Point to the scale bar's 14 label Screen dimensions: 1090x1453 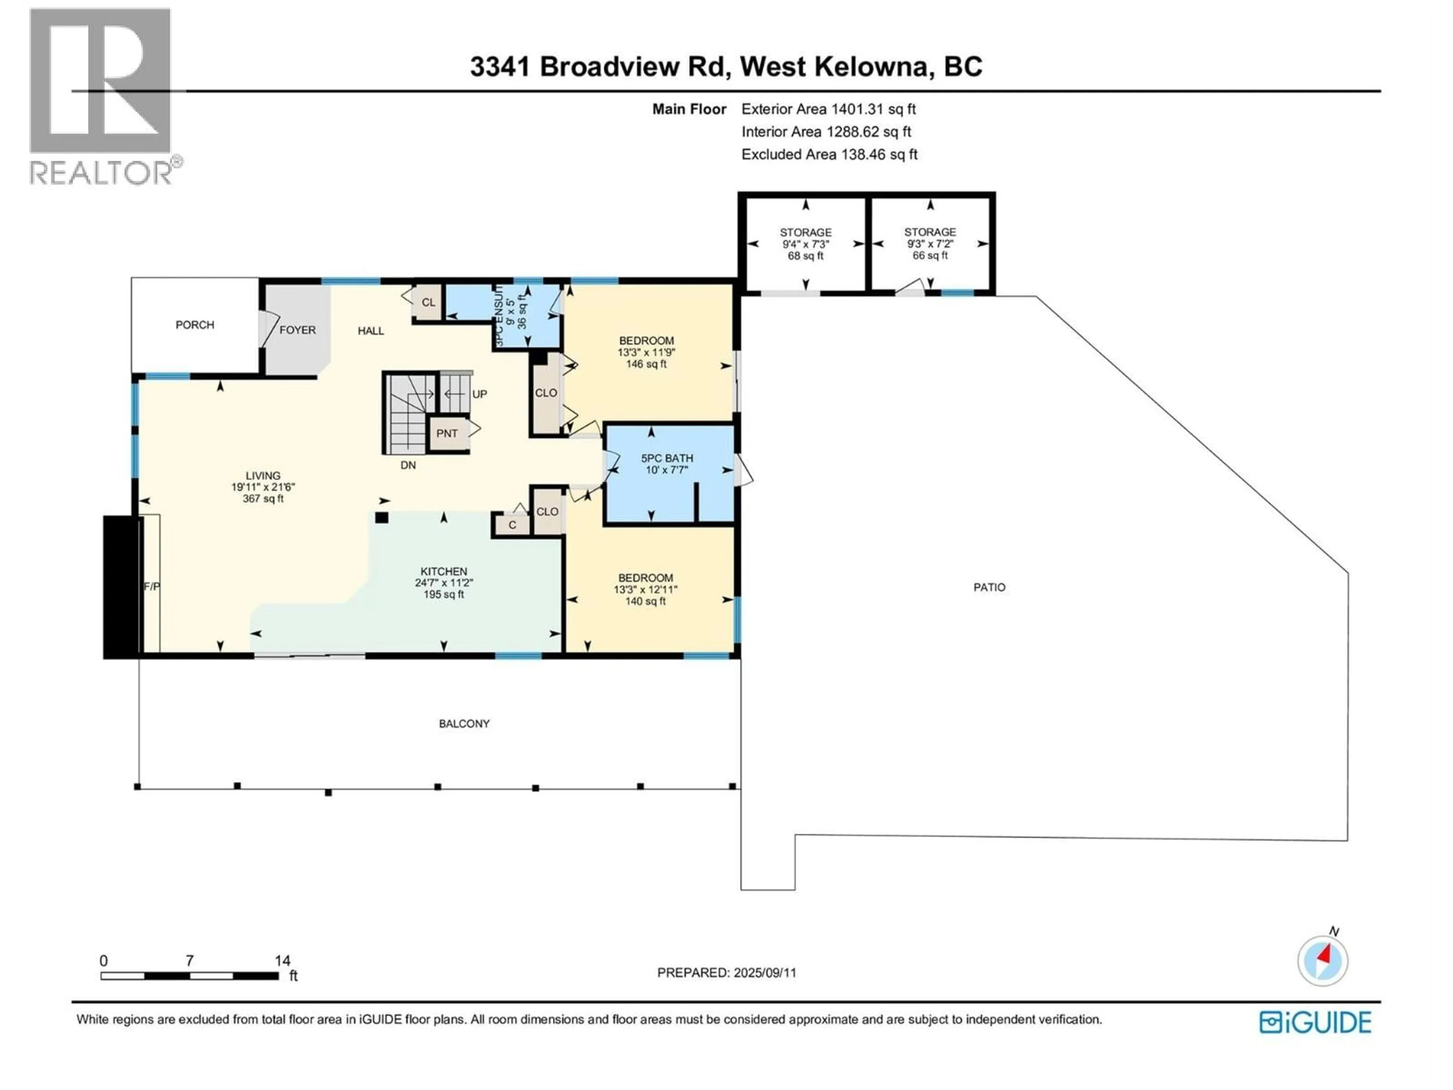pyautogui.click(x=282, y=961)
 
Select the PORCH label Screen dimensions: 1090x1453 pyautogui.click(x=194, y=325)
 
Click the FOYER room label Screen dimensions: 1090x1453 pyautogui.click(x=297, y=330)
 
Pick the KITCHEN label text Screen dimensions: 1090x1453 pyautogui.click(x=444, y=571)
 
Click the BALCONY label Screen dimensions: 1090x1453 pyautogui.click(x=464, y=723)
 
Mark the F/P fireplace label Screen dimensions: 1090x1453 pyautogui.click(x=152, y=586)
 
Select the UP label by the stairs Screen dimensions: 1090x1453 pyautogui.click(x=479, y=394)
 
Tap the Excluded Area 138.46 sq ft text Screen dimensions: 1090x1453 pyautogui.click(x=829, y=154)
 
